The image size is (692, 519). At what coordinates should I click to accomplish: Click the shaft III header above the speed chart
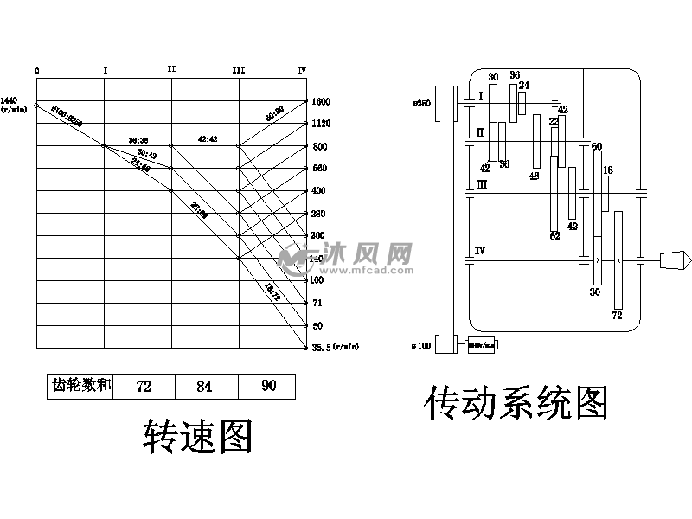(239, 70)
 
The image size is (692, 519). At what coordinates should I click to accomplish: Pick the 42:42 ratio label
(208, 138)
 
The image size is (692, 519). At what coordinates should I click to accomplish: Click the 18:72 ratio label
(272, 292)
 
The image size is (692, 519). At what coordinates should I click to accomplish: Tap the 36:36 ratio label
(138, 138)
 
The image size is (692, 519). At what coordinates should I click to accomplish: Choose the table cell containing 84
(204, 386)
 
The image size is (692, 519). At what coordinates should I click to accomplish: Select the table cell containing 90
(268, 386)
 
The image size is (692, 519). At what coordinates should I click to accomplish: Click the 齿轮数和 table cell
(80, 386)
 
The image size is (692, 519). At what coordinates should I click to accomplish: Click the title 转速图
(197, 437)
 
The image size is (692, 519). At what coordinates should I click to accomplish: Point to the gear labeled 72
(618, 259)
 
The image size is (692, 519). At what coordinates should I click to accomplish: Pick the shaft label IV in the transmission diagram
(479, 251)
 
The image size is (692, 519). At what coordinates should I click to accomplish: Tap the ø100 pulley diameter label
(422, 346)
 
